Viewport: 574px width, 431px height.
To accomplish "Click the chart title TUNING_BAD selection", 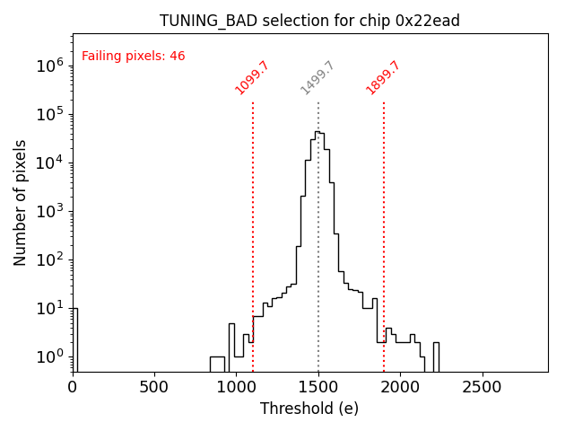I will [x=309, y=21].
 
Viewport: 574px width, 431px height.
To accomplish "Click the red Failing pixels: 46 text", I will [x=133, y=57].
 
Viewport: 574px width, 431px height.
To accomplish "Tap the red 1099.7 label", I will [x=252, y=78].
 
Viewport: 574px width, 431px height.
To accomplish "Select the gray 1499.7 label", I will [x=317, y=78].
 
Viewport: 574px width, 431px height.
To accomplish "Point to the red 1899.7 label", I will [x=383, y=78].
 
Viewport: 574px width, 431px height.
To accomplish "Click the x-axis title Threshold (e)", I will [x=309, y=409].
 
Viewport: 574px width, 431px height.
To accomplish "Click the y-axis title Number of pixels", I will [x=21, y=202].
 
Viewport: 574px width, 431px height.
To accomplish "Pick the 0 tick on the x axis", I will [x=73, y=387].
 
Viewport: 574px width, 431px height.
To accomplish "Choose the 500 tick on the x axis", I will [x=155, y=387].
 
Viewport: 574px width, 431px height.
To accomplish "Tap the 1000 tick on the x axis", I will [x=237, y=387].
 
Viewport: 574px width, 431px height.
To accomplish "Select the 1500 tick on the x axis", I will [x=318, y=387].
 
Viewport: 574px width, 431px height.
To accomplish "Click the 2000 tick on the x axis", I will [x=401, y=387].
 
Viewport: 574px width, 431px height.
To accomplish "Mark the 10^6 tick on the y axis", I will [x=48, y=66].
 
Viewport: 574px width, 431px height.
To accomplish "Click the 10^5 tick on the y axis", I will [x=48, y=114].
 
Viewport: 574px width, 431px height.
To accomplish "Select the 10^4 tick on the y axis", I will [x=48, y=163].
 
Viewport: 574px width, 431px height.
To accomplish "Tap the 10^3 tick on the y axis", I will [x=48, y=211].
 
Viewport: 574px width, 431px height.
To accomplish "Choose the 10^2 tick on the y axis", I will [x=48, y=259].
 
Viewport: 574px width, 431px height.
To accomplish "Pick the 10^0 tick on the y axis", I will [x=48, y=356].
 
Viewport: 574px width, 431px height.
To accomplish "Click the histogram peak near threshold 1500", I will [x=317, y=132].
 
